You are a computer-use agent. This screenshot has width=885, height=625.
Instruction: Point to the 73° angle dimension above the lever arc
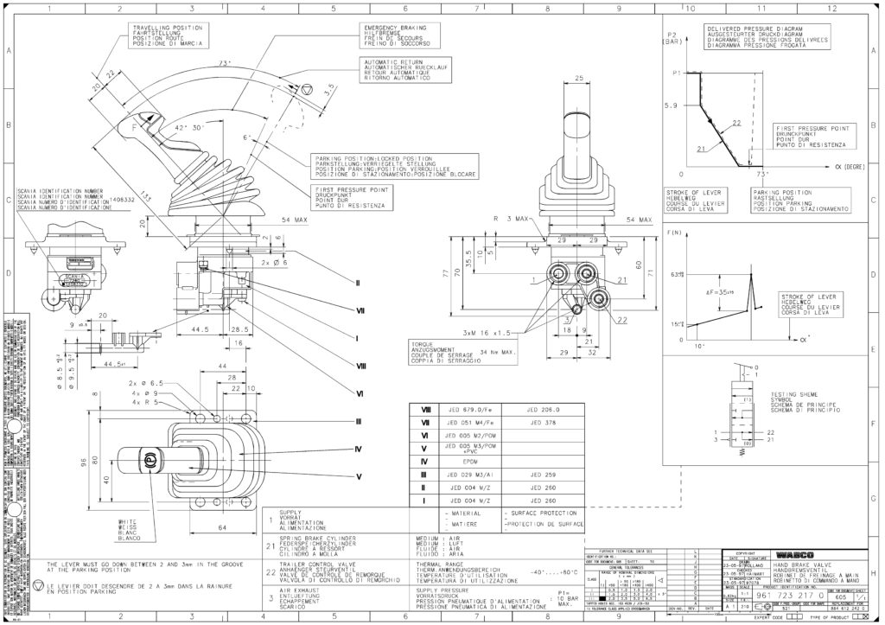227,65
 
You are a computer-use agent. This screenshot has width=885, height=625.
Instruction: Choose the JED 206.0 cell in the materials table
544,410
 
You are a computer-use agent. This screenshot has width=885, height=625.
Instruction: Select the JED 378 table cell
544,423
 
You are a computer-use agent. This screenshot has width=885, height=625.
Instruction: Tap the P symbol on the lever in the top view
149,460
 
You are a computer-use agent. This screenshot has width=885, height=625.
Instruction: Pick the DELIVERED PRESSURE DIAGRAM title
751,28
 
